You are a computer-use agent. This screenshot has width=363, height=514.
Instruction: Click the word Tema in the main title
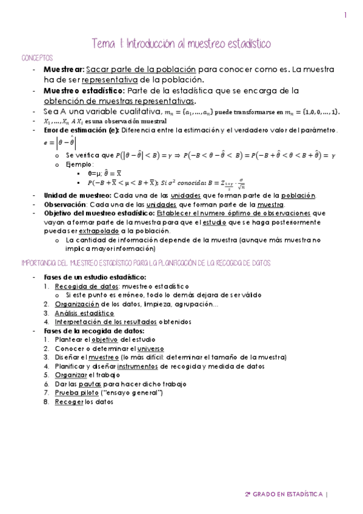[102, 44]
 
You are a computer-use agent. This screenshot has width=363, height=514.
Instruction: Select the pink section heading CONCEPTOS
[36, 57]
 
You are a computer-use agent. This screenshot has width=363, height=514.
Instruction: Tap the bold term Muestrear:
[64, 69]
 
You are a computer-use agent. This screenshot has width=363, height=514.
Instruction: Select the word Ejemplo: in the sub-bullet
[78, 164]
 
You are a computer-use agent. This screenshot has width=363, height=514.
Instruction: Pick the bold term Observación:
[66, 204]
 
